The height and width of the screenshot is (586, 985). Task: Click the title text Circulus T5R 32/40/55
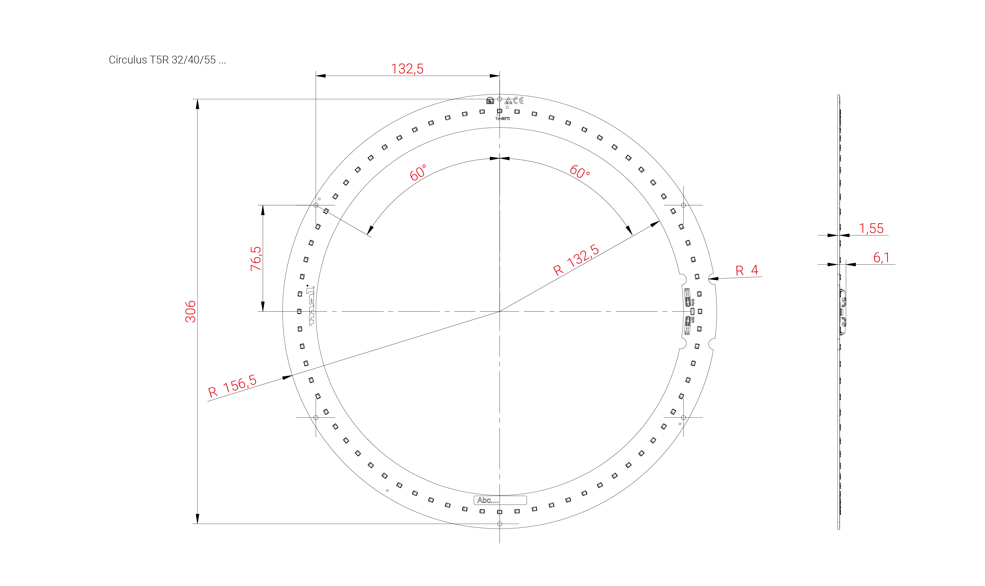coord(167,60)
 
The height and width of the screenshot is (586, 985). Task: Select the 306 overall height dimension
coord(191,311)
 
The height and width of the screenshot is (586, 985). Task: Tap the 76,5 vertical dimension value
coord(256,259)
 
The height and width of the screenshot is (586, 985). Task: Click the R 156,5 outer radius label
coord(232,386)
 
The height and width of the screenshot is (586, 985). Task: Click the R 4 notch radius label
coord(747,271)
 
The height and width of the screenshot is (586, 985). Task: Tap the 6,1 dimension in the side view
coord(881,258)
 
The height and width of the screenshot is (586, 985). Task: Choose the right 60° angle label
coord(579,172)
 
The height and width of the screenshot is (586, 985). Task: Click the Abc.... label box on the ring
coord(500,500)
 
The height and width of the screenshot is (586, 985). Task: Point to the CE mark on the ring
coord(518,100)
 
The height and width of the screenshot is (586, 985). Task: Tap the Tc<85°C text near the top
coord(502,118)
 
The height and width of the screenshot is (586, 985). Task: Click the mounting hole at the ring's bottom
coord(500,524)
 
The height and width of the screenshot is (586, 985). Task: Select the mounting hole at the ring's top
coord(500,99)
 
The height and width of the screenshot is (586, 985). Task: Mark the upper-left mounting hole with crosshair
coord(316,205)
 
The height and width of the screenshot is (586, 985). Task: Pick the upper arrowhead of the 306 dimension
coord(197,103)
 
